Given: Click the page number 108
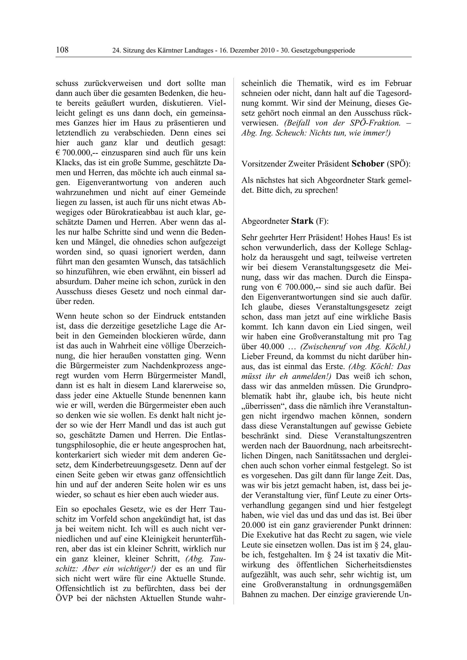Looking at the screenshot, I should (62, 50).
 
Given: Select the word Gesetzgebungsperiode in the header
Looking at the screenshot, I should (323, 51).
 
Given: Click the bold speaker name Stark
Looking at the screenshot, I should (302, 221).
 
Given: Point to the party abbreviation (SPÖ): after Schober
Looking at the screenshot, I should (399, 164).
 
